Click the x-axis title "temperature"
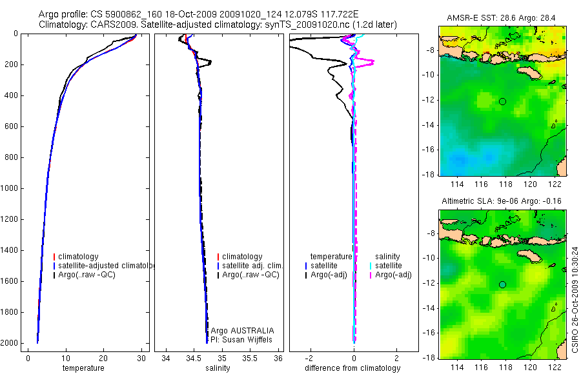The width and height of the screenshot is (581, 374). point(83,368)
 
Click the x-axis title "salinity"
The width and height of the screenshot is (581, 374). point(218,368)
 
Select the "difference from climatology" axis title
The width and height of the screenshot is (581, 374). point(352,368)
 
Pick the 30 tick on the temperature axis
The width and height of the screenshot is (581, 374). point(141,358)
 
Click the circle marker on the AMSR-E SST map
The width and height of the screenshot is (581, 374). point(502,101)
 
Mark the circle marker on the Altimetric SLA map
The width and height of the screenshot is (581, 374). point(502,284)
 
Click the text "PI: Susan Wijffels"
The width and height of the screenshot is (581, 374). point(243,339)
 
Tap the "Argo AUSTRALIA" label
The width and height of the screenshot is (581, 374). point(243,331)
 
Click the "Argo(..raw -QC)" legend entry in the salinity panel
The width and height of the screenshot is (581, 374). point(250,275)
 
